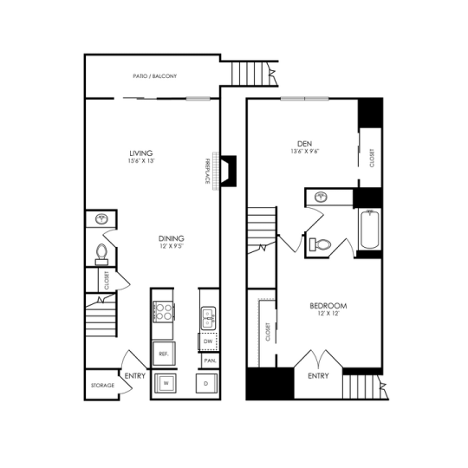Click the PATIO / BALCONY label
[x=156, y=77]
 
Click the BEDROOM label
[x=328, y=306]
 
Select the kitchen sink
[x=208, y=318]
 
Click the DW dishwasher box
[x=208, y=342]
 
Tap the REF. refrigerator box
[x=163, y=353]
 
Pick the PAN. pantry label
[x=208, y=360]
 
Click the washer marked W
[x=164, y=381]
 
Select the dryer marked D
[x=206, y=381]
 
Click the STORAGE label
[x=101, y=385]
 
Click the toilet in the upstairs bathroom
[x=321, y=244]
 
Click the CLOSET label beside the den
[x=372, y=170]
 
